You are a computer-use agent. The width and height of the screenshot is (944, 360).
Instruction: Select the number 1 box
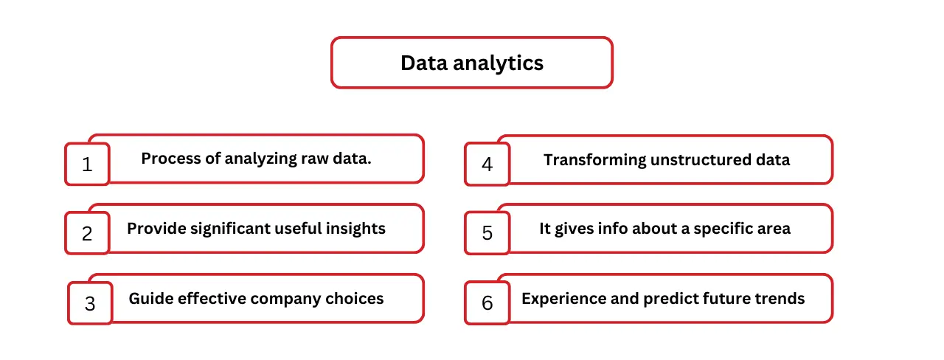tap(87, 164)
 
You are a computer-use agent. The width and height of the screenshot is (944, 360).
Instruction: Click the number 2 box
tap(87, 233)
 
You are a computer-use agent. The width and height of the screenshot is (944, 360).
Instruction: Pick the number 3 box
tap(90, 303)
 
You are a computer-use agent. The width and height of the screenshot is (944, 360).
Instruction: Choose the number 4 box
tap(487, 164)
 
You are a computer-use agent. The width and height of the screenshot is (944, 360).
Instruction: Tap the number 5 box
tap(487, 233)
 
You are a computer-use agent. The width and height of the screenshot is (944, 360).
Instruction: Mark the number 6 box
tap(487, 303)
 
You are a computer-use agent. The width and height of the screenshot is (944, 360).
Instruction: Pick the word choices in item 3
tap(354, 299)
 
